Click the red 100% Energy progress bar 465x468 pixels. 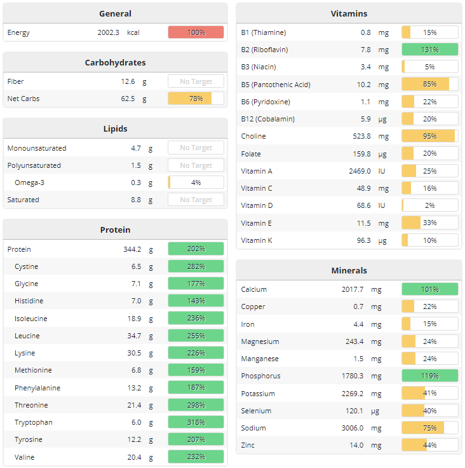pos(196,32)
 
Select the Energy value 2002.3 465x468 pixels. pos(108,32)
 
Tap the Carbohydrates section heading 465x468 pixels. pos(115,62)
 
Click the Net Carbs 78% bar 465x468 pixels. pos(196,99)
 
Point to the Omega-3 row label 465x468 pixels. pos(30,182)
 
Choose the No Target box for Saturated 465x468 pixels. pos(196,200)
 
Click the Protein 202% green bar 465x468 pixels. pos(196,249)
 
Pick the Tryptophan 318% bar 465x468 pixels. pos(196,422)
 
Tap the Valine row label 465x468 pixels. pos(25,457)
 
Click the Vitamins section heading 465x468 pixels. pos(349,13)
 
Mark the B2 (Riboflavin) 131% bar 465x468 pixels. pos(429,50)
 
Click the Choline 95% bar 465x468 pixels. pos(429,136)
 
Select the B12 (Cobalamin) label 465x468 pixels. pos(267,119)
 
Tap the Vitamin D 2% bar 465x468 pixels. pos(429,205)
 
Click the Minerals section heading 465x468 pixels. pos(349,270)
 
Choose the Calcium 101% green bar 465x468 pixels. pos(429,289)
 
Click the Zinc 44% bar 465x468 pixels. pos(429,445)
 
